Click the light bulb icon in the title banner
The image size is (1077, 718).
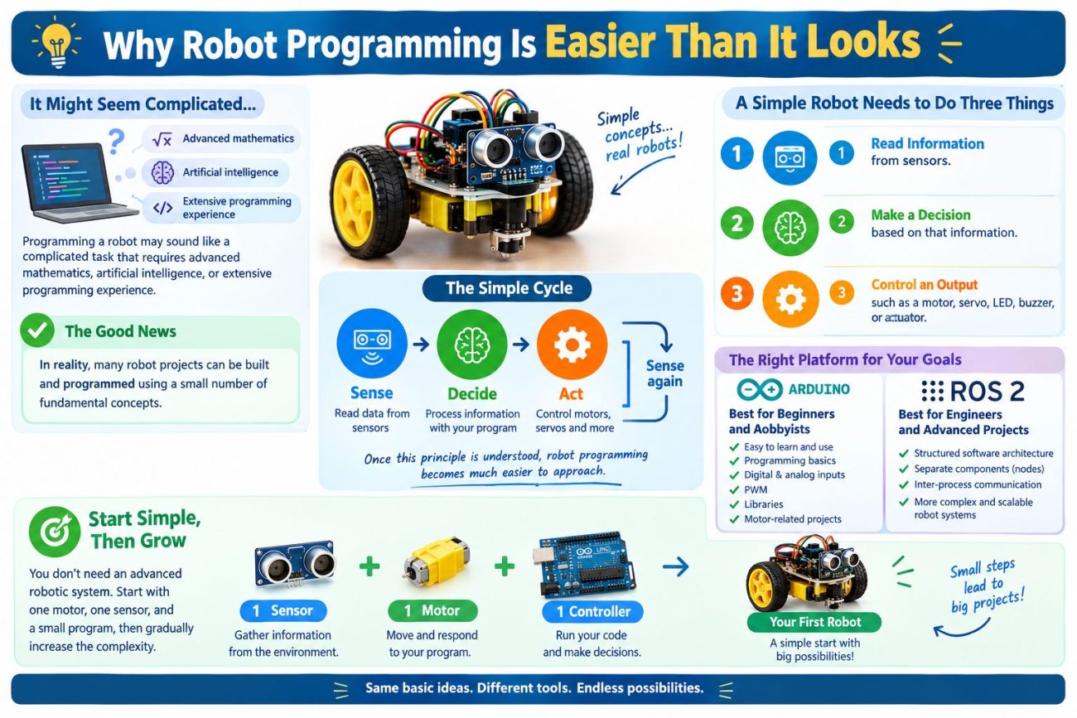(x=56, y=44)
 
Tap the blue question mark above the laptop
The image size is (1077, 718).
(x=116, y=141)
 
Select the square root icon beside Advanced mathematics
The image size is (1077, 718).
(x=162, y=139)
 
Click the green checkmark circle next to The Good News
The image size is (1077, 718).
(x=37, y=330)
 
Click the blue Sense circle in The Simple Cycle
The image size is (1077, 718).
(x=372, y=344)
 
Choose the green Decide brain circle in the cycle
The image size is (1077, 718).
(x=471, y=345)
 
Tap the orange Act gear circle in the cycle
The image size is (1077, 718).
(x=572, y=345)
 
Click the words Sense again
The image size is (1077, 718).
(x=665, y=373)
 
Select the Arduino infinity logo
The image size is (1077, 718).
(x=760, y=389)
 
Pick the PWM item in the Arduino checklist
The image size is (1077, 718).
(x=756, y=489)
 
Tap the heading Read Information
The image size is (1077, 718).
(x=928, y=143)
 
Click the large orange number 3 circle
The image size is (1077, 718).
(x=737, y=293)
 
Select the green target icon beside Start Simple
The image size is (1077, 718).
(x=55, y=531)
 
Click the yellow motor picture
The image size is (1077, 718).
(x=437, y=562)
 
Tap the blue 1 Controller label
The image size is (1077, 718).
(x=592, y=611)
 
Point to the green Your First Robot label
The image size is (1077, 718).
(x=814, y=622)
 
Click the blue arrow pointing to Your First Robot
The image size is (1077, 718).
(x=675, y=567)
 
